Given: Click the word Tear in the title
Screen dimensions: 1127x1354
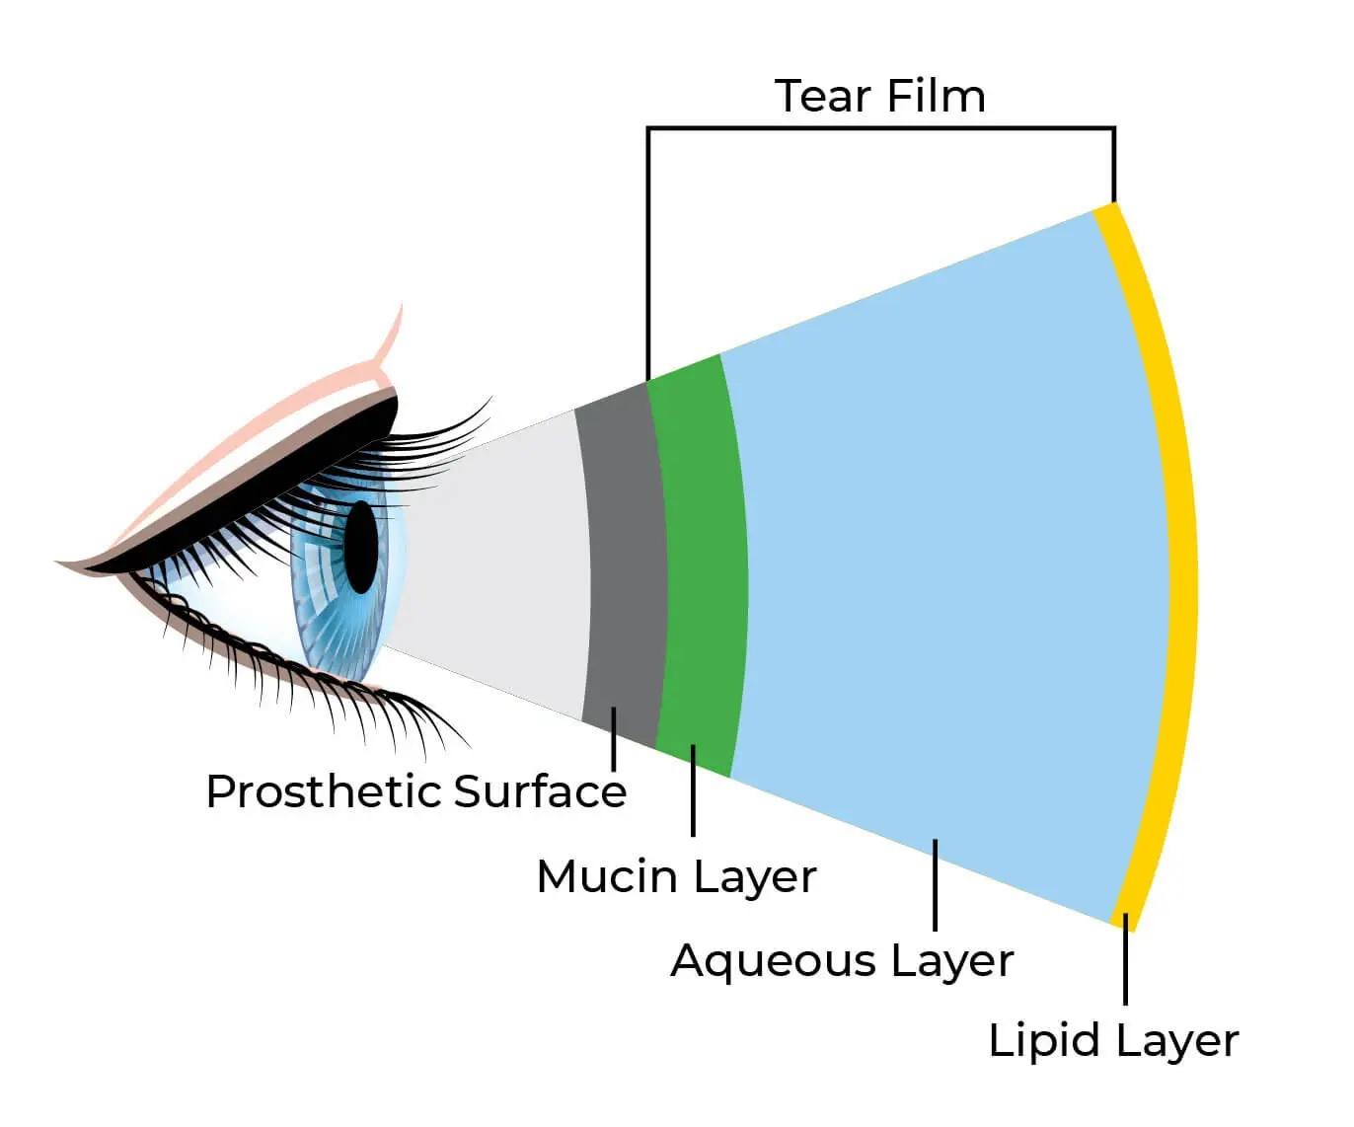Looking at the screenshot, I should (x=823, y=97).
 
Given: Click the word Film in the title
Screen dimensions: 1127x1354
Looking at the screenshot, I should (x=935, y=97).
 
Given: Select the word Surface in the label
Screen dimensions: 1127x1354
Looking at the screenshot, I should (x=541, y=791).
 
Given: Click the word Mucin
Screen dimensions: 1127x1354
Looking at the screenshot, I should (x=608, y=876).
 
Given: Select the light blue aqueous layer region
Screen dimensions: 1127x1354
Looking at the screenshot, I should (x=938, y=563).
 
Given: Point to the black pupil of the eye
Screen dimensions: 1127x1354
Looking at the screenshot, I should (x=361, y=548).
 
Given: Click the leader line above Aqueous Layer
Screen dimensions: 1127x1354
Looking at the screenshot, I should (x=935, y=884).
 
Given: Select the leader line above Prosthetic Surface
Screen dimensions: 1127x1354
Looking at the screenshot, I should (x=614, y=739).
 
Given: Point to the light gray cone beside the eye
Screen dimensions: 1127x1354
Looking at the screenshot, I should (x=493, y=563).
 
